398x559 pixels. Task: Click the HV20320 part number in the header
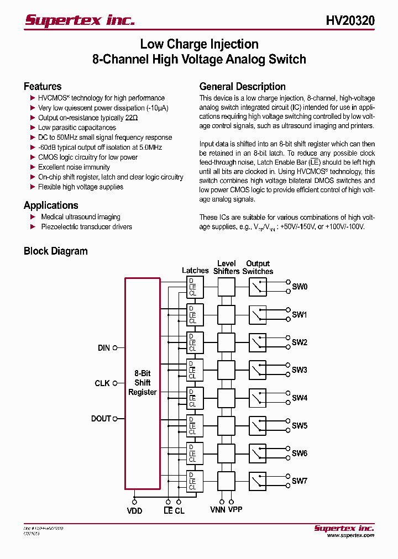(350, 21)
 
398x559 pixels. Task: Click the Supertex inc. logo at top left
(80, 20)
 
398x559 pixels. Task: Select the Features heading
(43, 86)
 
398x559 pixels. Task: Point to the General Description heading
(242, 86)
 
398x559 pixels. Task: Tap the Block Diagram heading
(55, 251)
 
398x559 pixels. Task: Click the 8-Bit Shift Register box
(143, 383)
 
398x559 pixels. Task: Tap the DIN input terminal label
(104, 348)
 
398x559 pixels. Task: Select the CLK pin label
(102, 383)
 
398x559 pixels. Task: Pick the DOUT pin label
(101, 419)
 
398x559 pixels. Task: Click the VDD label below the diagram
(134, 510)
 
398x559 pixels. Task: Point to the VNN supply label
(218, 509)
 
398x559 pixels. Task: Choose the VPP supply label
(235, 509)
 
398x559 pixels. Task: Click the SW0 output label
(300, 287)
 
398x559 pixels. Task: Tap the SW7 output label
(300, 481)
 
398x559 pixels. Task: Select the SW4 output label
(300, 398)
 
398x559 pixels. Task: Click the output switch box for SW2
(257, 342)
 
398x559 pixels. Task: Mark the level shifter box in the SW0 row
(226, 287)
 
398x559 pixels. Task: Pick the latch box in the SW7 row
(195, 481)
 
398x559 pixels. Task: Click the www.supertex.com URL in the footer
(350, 535)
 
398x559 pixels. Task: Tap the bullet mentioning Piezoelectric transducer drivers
(86, 226)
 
